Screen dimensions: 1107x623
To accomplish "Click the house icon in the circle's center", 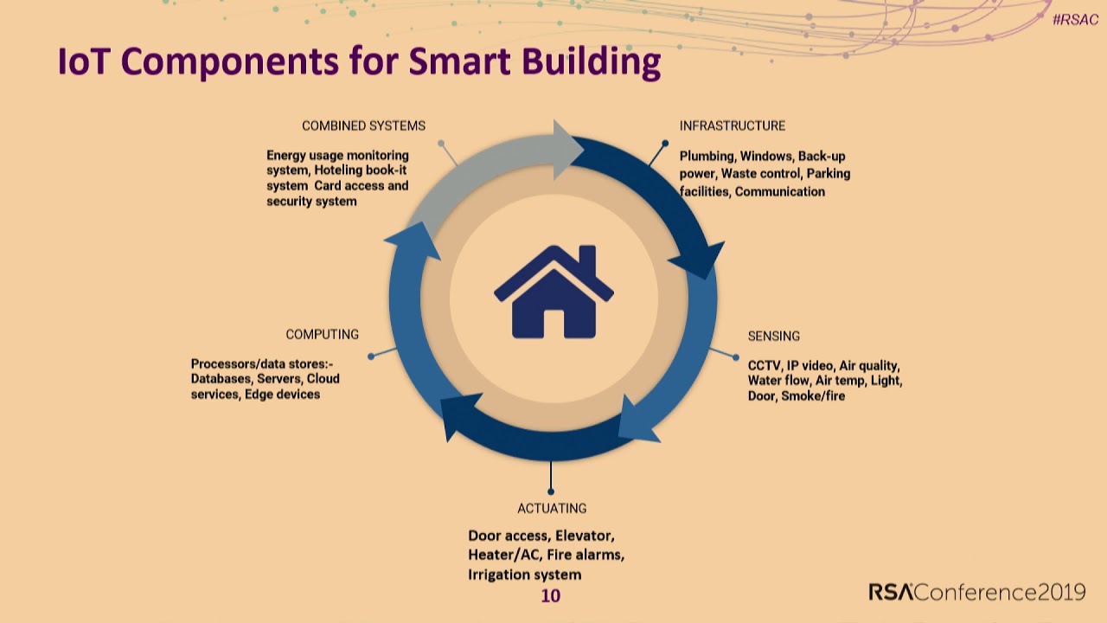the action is coord(553,292).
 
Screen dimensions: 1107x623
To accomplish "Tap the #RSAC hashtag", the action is coord(1075,20).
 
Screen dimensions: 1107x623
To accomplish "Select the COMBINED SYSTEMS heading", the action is coord(363,126).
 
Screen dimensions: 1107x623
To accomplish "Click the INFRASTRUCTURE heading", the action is coord(733,125).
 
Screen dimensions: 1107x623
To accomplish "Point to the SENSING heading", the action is coord(773,337).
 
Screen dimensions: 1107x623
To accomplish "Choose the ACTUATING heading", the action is coord(552,508).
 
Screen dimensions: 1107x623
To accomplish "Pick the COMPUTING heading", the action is coord(323,334).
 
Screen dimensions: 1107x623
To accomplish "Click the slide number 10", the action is coord(551,596).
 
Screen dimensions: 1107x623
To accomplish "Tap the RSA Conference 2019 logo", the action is coord(977,592).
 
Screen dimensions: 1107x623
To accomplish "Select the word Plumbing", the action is coord(707,157).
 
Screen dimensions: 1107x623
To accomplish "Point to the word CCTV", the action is coord(765,366).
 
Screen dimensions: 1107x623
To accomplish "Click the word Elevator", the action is coord(585,536).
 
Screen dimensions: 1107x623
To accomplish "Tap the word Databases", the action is coord(222,379).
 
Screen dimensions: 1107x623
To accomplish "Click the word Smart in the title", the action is coord(459,61).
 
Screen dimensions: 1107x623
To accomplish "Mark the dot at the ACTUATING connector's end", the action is coord(551,491).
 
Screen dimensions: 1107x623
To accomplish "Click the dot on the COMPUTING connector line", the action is coord(371,356).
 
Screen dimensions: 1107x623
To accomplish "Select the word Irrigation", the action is coord(499,575).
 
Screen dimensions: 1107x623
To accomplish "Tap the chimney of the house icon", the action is coord(587,260).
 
